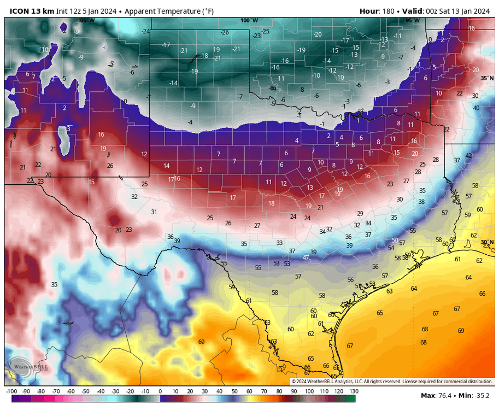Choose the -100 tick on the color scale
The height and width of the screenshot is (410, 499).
click(11, 391)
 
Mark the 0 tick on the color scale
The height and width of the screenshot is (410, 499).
click(160, 391)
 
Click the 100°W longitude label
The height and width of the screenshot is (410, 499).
click(249, 21)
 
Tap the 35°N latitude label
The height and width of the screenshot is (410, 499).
click(487, 78)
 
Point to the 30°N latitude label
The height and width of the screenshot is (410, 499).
click(487, 242)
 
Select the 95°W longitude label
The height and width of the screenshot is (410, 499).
click(413, 21)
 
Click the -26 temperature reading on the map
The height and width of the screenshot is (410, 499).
click(225, 32)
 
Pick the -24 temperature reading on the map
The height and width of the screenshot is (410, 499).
click(145, 31)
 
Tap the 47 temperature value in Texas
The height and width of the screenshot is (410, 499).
click(306, 257)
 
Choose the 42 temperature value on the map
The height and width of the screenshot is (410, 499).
click(468, 156)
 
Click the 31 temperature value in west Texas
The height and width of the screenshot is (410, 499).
click(154, 212)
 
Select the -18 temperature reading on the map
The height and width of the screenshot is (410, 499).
click(204, 56)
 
